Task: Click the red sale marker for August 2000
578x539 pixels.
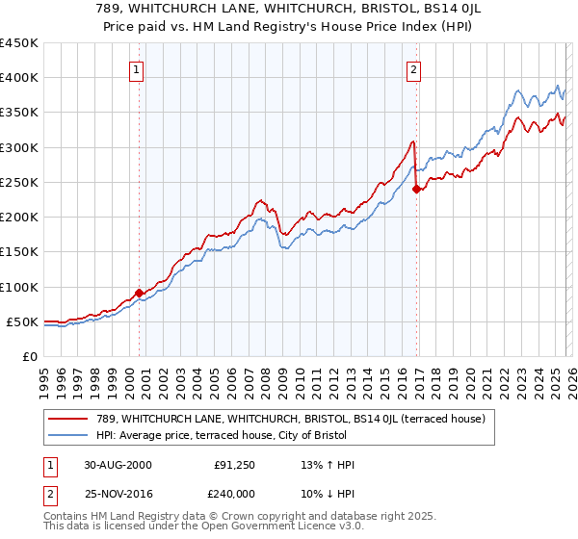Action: point(139,293)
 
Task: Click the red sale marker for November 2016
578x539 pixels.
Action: point(416,189)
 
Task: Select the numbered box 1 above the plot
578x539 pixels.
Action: point(137,69)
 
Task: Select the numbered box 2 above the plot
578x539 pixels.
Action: point(413,69)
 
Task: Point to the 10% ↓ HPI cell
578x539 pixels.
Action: point(328,494)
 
